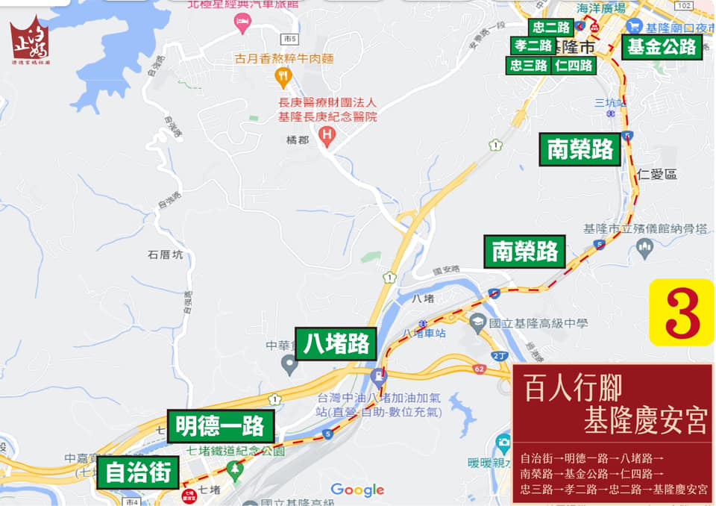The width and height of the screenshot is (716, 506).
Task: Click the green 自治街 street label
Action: click(139, 472)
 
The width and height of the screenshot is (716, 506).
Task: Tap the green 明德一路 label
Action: click(220, 426)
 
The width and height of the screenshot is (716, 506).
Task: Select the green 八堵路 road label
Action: click(337, 344)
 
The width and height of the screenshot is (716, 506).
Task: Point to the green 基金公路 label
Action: click(662, 46)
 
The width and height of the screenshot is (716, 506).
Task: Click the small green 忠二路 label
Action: click(553, 28)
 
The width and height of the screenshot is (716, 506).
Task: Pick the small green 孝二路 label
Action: click(533, 46)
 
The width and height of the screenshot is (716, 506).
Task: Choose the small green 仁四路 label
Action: click(574, 65)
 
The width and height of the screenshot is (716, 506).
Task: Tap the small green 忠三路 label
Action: click(529, 65)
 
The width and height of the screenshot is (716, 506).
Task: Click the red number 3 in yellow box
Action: click(682, 313)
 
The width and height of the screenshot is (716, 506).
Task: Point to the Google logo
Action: click(357, 490)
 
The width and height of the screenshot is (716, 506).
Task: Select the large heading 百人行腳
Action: click(573, 387)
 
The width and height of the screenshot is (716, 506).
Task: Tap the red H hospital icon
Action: click(325, 134)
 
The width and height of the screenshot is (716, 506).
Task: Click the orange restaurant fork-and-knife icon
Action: click(283, 75)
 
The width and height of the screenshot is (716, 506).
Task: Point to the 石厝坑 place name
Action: click(165, 254)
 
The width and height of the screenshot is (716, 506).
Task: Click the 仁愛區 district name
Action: click(657, 174)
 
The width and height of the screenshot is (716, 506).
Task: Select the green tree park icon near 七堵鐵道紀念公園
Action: click(236, 469)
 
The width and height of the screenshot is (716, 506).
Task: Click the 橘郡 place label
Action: click(296, 140)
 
